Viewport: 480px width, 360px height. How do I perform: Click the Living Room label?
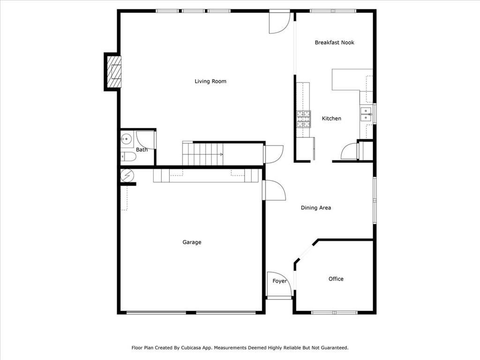point(210,81)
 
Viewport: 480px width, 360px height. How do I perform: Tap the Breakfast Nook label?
point(334,43)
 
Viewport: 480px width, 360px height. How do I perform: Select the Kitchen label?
point(331,119)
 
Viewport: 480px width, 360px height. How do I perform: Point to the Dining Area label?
point(315,208)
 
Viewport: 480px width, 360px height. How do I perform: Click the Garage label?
point(192,242)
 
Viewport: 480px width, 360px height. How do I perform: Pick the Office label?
point(336,279)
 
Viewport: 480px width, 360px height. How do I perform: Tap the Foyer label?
point(279,281)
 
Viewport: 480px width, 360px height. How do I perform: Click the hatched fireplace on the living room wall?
point(113,72)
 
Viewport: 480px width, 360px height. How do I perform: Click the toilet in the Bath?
point(128,157)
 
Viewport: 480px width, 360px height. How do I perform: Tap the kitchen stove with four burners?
point(303,119)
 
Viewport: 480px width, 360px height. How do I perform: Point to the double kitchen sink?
point(366,114)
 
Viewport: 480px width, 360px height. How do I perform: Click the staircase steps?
point(202,154)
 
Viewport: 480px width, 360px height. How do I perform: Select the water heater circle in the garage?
point(127,175)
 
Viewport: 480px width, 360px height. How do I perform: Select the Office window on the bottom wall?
point(334,313)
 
